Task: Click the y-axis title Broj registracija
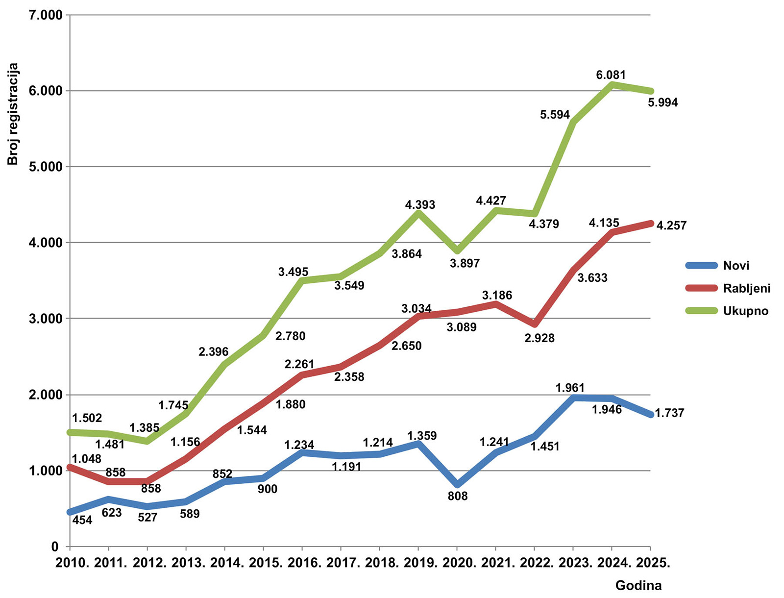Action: pyautogui.click(x=13, y=114)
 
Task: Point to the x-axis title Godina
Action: pyautogui.click(x=638, y=585)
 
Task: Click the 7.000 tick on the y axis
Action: pyautogui.click(x=45, y=15)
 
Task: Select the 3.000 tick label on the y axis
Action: pyautogui.click(x=45, y=319)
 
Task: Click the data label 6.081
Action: pyautogui.click(x=611, y=75)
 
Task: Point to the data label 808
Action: pyautogui.click(x=458, y=496)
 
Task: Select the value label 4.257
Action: pyautogui.click(x=671, y=225)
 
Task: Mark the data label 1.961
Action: pyautogui.click(x=570, y=388)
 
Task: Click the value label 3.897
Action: pyautogui.click(x=465, y=263)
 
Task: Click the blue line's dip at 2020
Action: pyautogui.click(x=457, y=485)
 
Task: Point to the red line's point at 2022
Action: pyautogui.click(x=534, y=324)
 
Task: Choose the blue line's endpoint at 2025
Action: pyautogui.click(x=650, y=415)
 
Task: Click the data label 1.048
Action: pyautogui.click(x=87, y=459)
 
